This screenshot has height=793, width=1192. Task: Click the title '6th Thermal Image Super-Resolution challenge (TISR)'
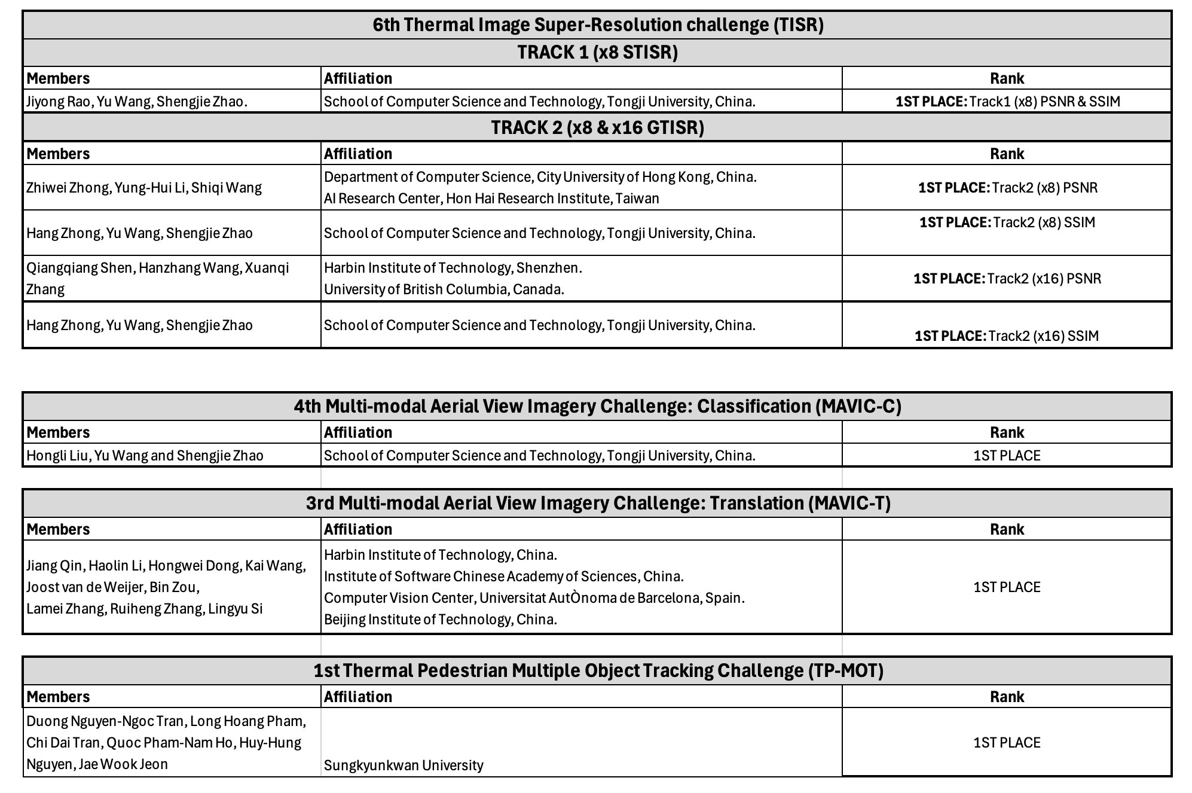coord(598,25)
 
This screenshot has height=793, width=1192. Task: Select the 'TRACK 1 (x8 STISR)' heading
coord(598,53)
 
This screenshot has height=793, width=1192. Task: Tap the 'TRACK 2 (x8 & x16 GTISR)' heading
coord(598,127)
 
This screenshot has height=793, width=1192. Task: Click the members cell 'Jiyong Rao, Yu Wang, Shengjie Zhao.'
coord(137,102)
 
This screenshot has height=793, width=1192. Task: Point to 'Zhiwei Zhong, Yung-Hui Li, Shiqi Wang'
coord(144,188)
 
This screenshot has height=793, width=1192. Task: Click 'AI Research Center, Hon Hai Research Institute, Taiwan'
coord(491,199)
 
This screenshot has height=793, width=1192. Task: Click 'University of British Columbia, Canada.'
coord(444,289)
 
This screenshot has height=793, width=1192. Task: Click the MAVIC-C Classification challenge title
coord(598,407)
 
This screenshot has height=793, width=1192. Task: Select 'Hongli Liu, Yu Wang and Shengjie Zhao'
coord(145,456)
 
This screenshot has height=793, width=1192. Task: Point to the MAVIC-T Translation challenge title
coord(598,504)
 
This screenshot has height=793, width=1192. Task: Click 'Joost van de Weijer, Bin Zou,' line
coord(113,587)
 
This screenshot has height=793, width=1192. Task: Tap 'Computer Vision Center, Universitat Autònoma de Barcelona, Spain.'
coord(534,598)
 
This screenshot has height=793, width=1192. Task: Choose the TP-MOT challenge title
coord(598,671)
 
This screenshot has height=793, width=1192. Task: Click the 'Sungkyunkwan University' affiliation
coord(404,765)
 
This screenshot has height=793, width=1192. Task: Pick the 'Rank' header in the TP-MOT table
coord(1007,697)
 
